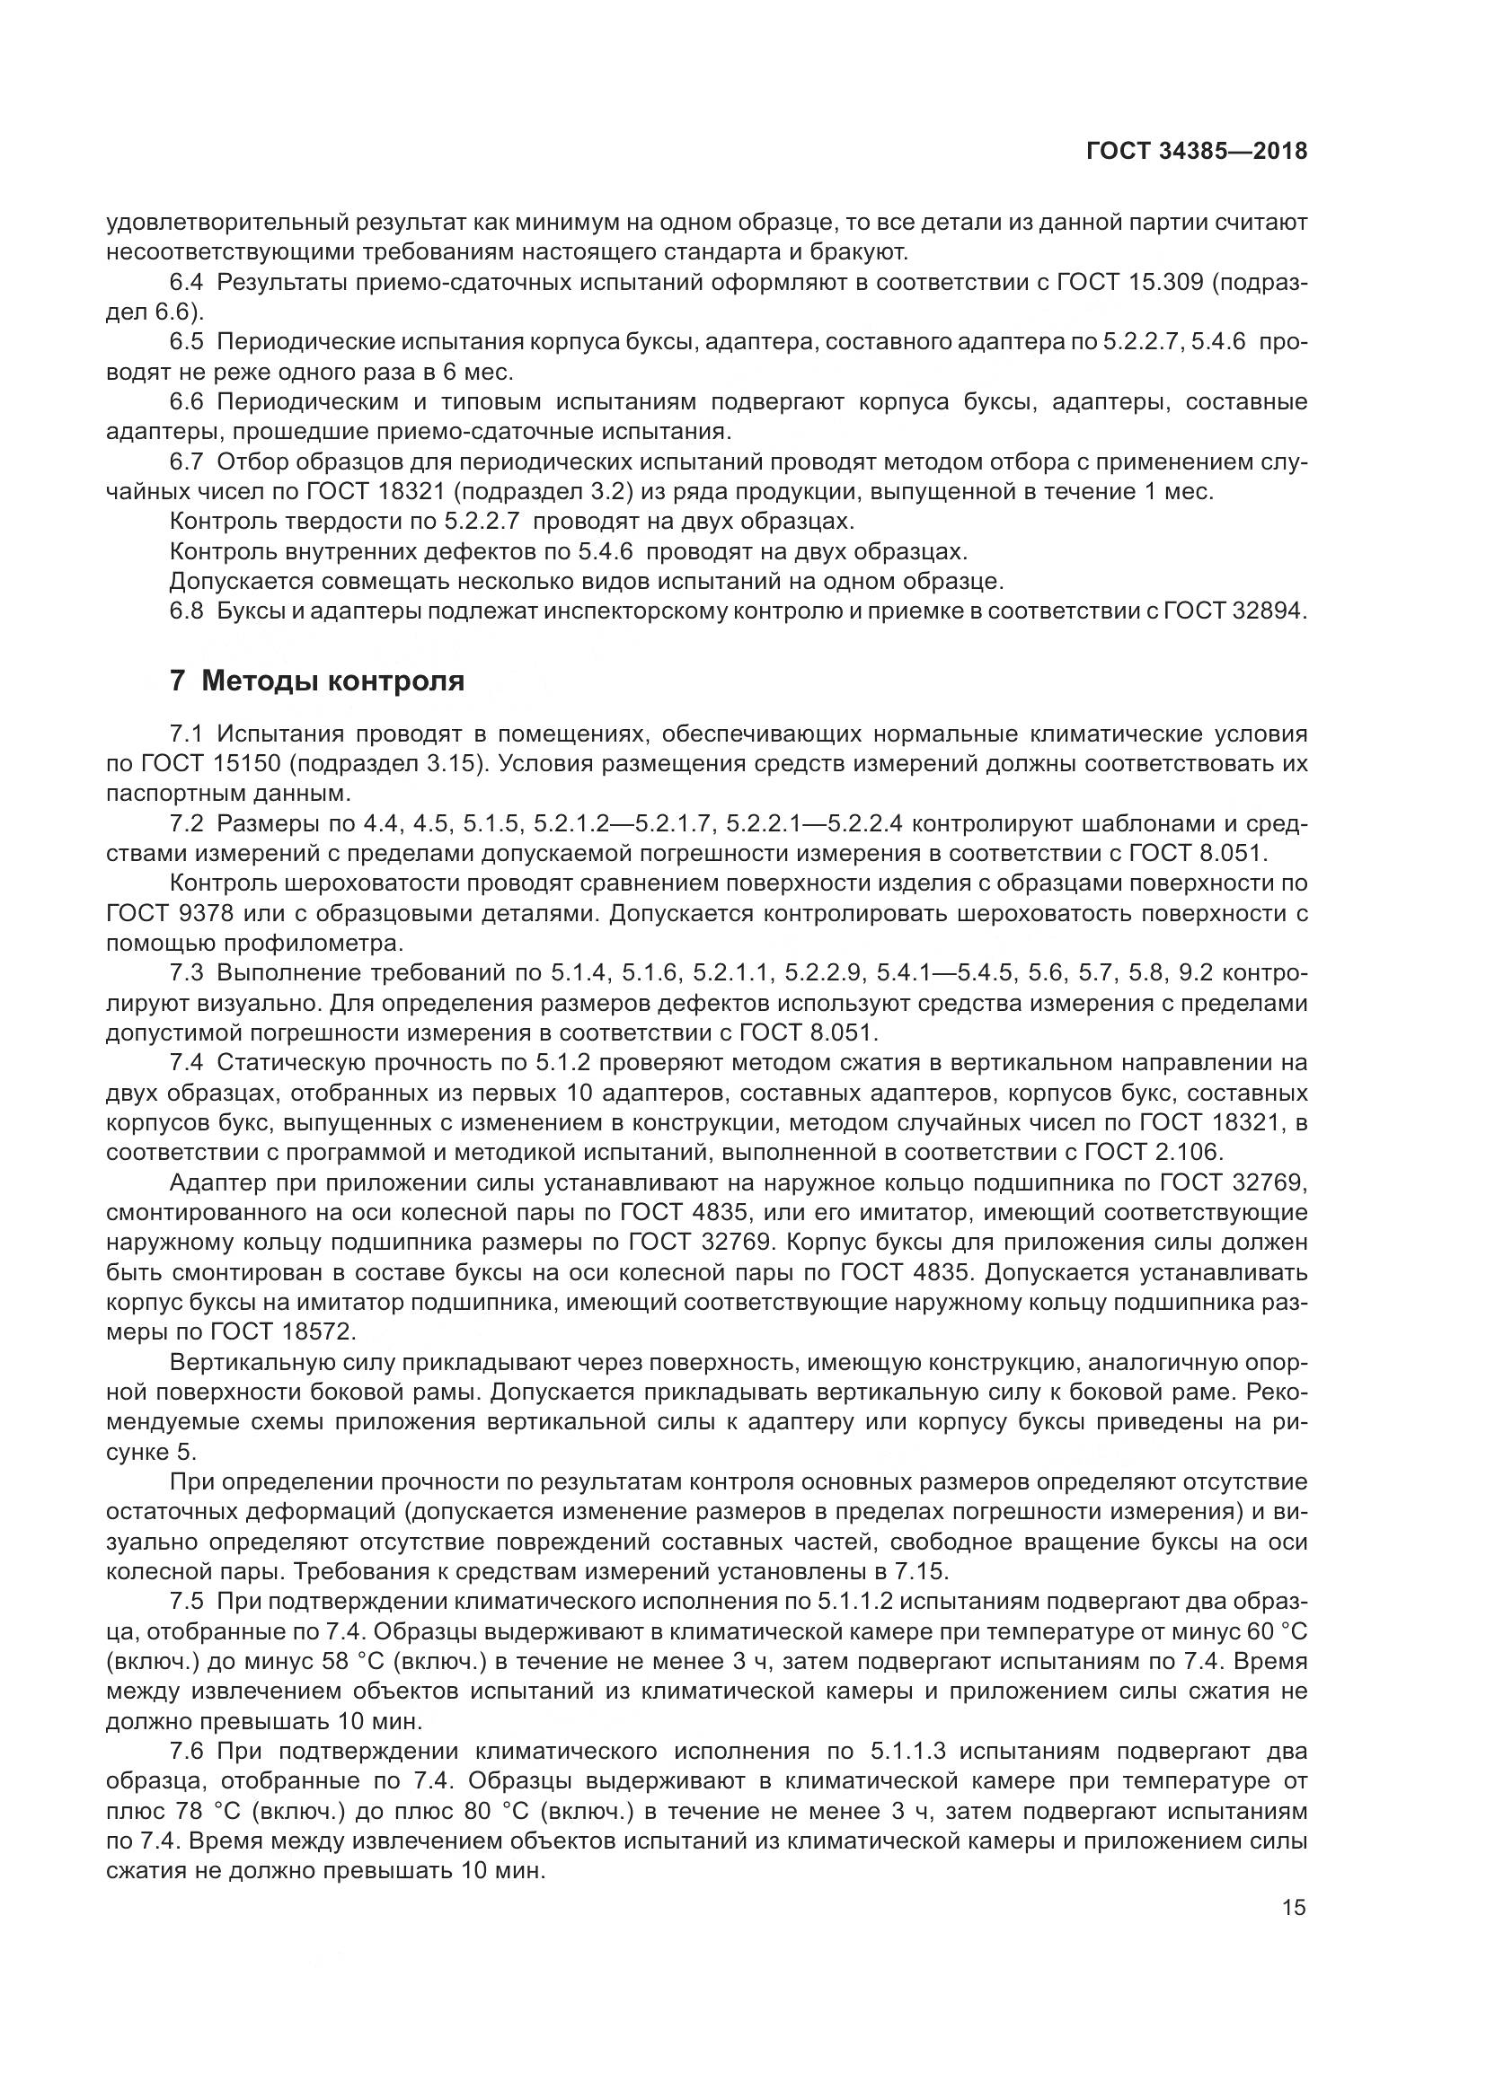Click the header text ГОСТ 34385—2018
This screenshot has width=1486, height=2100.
pyautogui.click(x=1196, y=152)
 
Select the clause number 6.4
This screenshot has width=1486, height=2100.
pyautogui.click(x=189, y=282)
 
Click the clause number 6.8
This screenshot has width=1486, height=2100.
pyautogui.click(x=189, y=611)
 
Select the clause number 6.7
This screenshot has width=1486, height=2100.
pyautogui.click(x=189, y=461)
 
